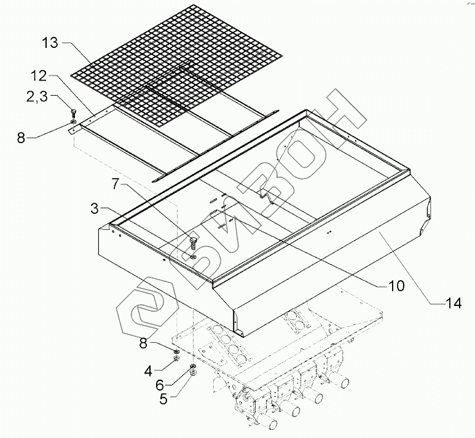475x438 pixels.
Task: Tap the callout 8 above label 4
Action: coord(144,345)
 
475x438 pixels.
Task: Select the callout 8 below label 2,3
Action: coord(22,137)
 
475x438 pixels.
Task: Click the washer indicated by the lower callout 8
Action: coord(176,351)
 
